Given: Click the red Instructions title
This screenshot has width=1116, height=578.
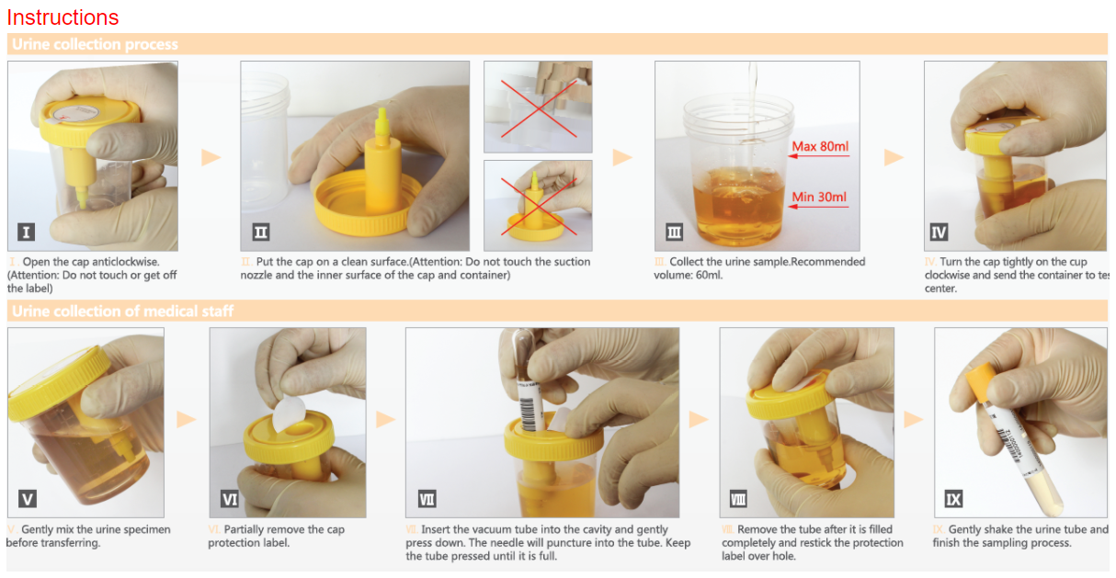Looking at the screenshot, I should [63, 17].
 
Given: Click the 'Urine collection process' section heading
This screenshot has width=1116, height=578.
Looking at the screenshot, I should [95, 44].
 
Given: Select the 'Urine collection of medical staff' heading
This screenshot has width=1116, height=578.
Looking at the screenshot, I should [122, 311].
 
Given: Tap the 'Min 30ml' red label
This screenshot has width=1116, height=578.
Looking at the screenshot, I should [818, 197].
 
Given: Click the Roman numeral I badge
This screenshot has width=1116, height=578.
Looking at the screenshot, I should [26, 232].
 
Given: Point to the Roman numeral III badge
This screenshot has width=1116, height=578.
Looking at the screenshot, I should [674, 232].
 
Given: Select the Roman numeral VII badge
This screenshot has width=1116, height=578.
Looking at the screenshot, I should [427, 499].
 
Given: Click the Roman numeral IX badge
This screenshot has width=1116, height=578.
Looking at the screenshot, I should [953, 499].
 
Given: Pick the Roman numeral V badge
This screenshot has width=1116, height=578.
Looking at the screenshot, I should [28, 499].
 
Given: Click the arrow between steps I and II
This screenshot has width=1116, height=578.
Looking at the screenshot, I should [211, 157].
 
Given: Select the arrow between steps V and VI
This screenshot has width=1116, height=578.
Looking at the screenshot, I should [187, 419].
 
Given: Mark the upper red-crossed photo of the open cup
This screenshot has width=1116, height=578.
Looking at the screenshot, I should [538, 107].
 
